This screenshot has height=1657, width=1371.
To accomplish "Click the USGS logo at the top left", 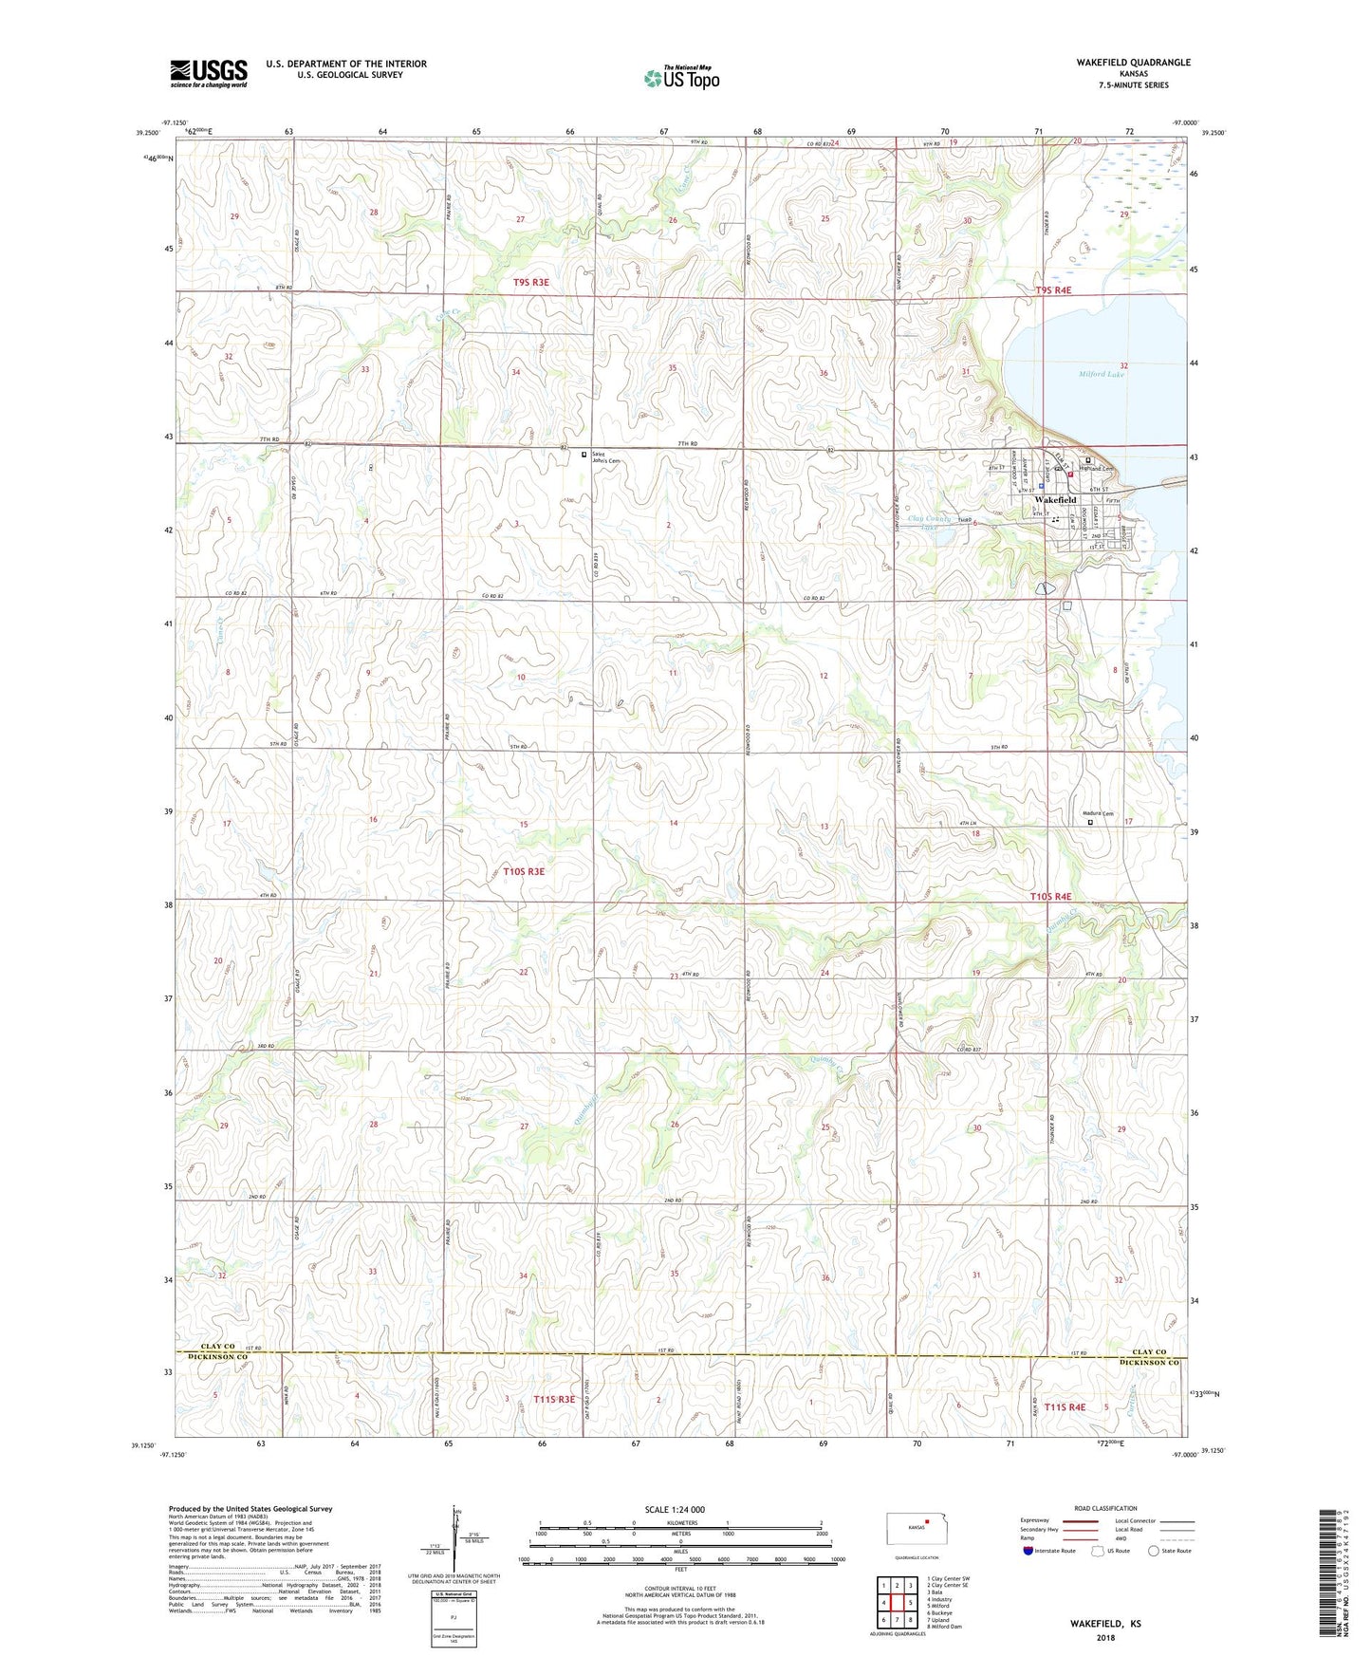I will coord(209,72).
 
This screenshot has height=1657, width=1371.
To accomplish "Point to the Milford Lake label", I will coord(1102,374).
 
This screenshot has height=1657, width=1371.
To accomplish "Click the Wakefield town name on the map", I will coord(1055,499).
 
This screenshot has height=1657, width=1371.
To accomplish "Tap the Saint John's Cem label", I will coord(606,457).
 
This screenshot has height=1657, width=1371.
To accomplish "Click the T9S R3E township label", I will coord(530,282).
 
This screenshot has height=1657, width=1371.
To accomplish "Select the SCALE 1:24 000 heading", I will coord(674,1509).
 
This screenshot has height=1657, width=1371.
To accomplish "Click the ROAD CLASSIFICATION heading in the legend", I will coord(1105,1508).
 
